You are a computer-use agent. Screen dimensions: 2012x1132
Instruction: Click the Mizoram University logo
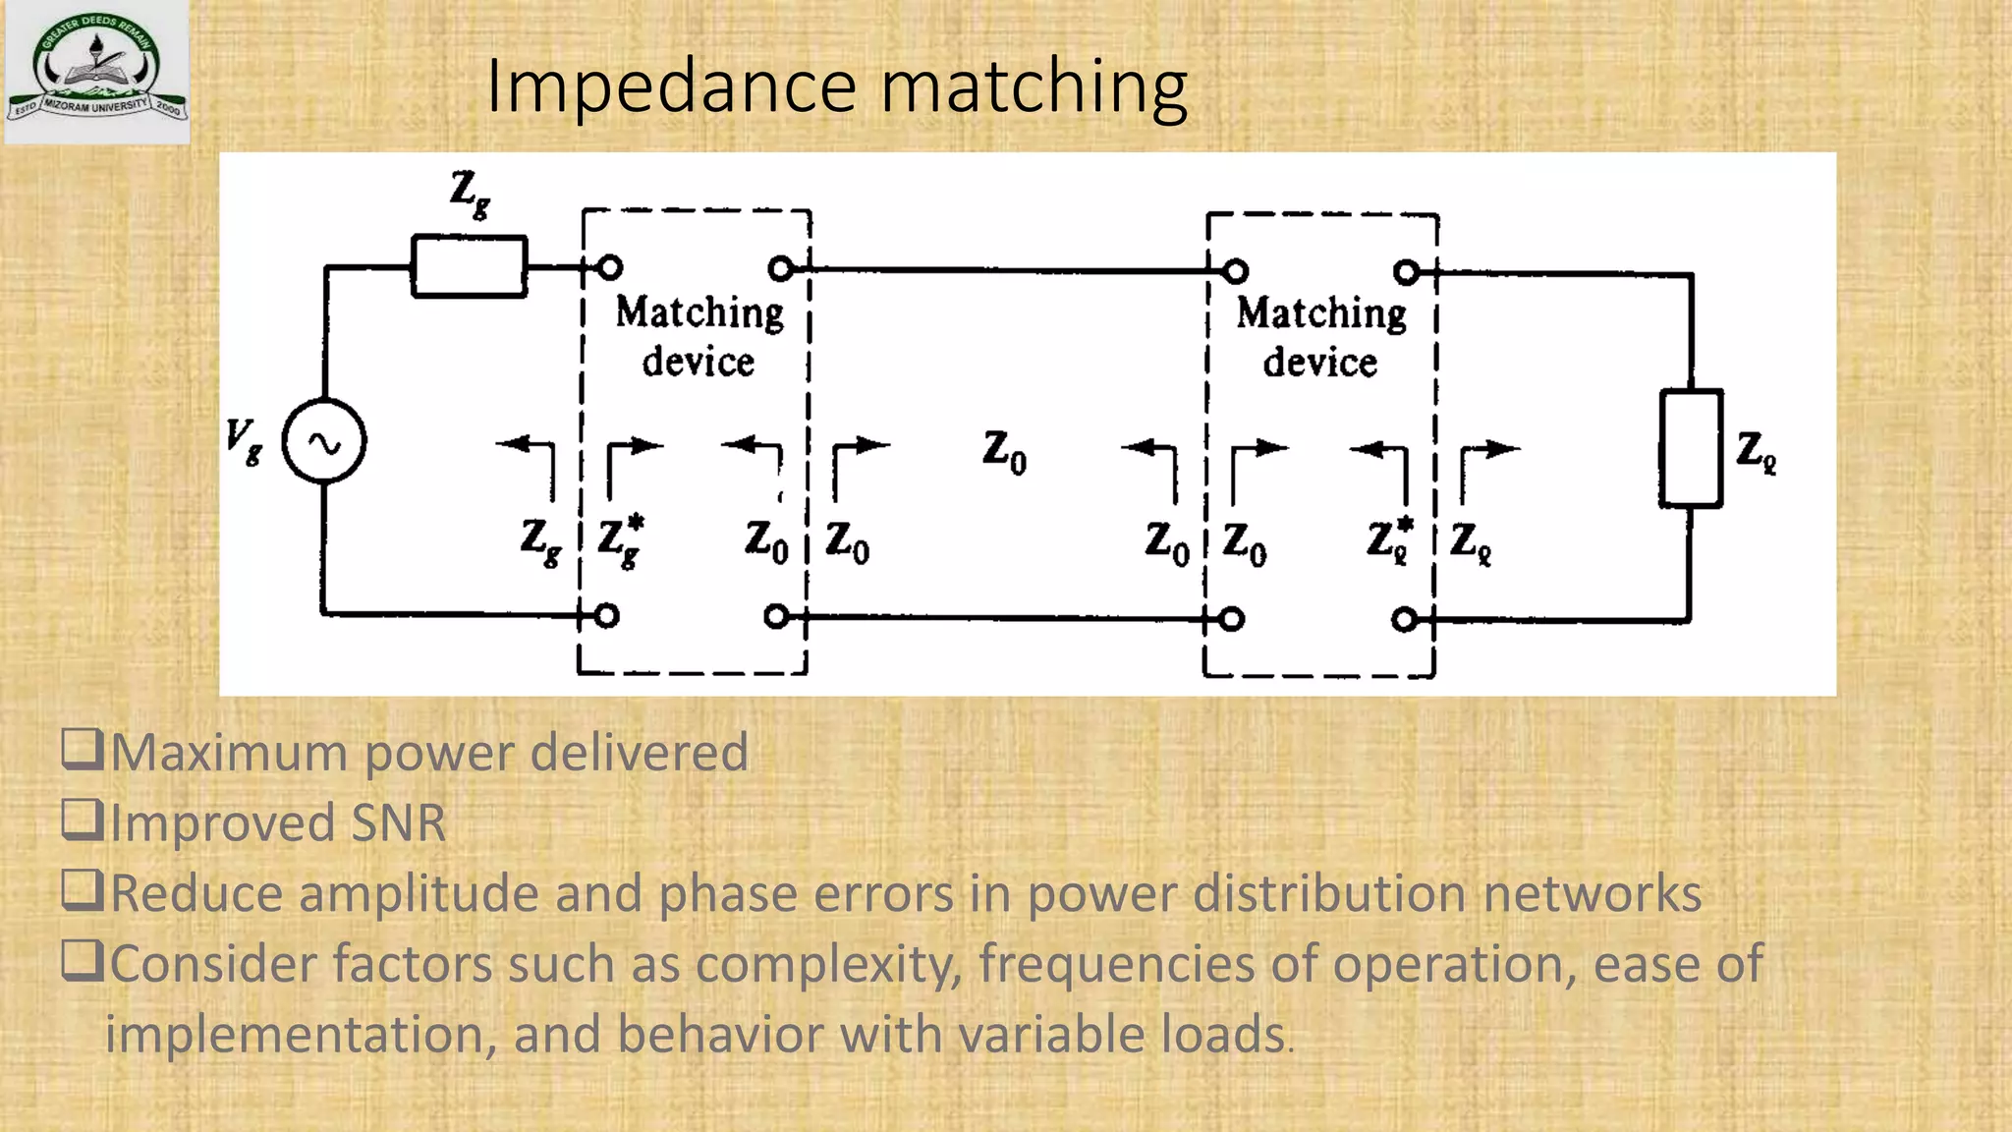pyautogui.click(x=96, y=71)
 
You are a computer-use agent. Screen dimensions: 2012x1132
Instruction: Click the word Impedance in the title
pyautogui.click(x=672, y=87)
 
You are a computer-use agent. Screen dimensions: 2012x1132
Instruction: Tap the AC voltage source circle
pyautogui.click(x=324, y=441)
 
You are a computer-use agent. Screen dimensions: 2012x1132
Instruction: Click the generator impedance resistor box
pyautogui.click(x=470, y=266)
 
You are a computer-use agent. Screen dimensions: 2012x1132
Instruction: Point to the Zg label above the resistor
pyautogui.click(x=470, y=193)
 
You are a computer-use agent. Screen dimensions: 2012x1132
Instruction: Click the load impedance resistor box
pyautogui.click(x=1691, y=448)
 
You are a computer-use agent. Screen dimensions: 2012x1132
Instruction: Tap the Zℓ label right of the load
pyautogui.click(x=1756, y=452)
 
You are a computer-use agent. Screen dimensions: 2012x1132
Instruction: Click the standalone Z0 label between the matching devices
pyautogui.click(x=1004, y=452)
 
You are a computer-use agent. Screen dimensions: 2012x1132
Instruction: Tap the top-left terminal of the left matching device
pyautogui.click(x=609, y=266)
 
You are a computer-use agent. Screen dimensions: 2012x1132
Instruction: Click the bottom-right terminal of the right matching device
pyautogui.click(x=1405, y=619)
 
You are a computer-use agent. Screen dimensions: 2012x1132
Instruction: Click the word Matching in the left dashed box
pyautogui.click(x=699, y=313)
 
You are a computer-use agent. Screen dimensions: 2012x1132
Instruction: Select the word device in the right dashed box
pyautogui.click(x=1320, y=363)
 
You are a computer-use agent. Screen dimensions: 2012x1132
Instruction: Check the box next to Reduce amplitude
pyautogui.click(x=83, y=890)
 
